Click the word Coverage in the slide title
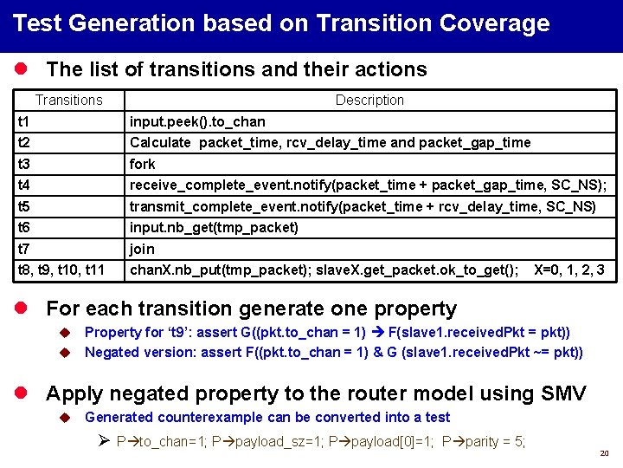click(494, 23)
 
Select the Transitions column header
click(69, 101)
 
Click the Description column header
click(369, 101)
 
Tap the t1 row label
click(24, 121)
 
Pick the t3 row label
click(24, 164)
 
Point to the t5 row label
click(24, 206)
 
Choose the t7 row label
click(24, 249)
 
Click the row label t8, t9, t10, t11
click(61, 270)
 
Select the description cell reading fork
click(143, 164)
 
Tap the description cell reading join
click(142, 249)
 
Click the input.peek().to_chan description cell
click(197, 121)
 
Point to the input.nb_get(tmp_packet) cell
click(214, 228)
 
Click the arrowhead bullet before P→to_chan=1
click(101, 442)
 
